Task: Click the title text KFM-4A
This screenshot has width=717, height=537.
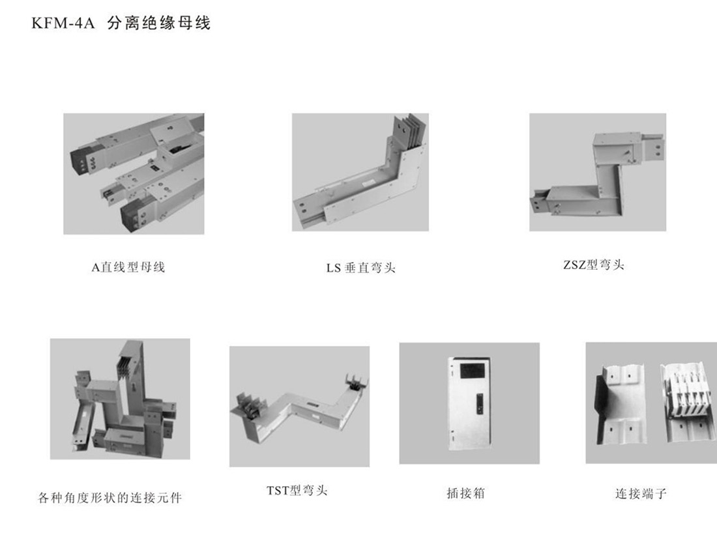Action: click(x=63, y=23)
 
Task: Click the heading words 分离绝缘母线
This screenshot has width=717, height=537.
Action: click(x=158, y=23)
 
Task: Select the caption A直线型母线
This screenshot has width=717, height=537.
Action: click(x=128, y=267)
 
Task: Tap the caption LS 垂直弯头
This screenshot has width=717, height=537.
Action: click(x=361, y=267)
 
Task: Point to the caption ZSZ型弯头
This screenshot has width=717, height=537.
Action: click(x=594, y=265)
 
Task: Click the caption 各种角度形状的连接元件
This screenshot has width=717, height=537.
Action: click(x=110, y=497)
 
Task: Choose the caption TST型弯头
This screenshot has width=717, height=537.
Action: click(x=297, y=491)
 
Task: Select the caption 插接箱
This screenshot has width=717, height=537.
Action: click(x=465, y=493)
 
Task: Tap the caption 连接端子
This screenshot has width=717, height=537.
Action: click(x=641, y=493)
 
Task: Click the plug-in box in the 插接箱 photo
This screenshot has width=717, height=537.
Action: click(x=469, y=403)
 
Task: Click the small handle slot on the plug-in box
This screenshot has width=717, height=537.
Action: click(x=479, y=404)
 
